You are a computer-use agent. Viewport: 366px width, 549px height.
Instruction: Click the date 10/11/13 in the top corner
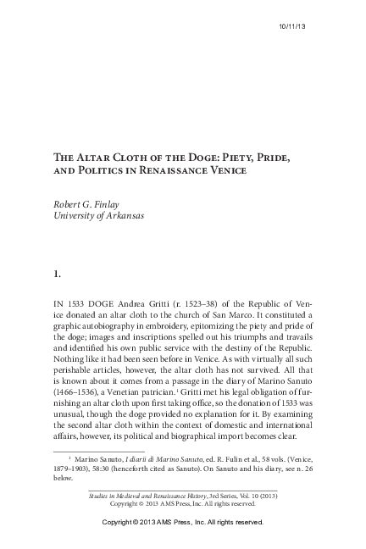pyautogui.click(x=293, y=28)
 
